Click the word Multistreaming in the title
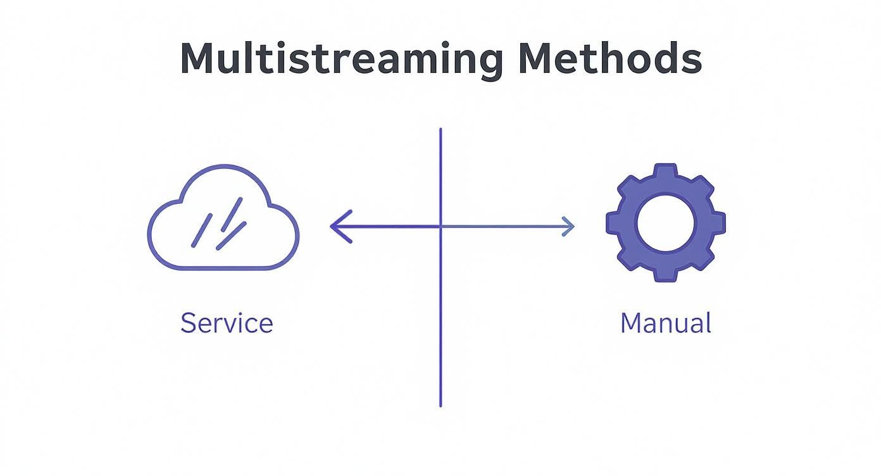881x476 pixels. coord(342,58)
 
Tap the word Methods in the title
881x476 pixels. coord(609,58)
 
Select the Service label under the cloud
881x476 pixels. coord(227,323)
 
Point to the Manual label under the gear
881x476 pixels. coord(665,323)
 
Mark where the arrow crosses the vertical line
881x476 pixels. coord(440,226)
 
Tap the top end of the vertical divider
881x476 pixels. coord(440,130)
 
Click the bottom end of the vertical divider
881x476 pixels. coord(440,405)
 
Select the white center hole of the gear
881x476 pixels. coord(665,223)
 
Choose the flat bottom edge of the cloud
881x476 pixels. coord(222,268)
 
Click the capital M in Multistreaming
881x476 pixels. coord(197,58)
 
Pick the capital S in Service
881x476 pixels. coord(188,323)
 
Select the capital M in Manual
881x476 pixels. coord(632,323)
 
